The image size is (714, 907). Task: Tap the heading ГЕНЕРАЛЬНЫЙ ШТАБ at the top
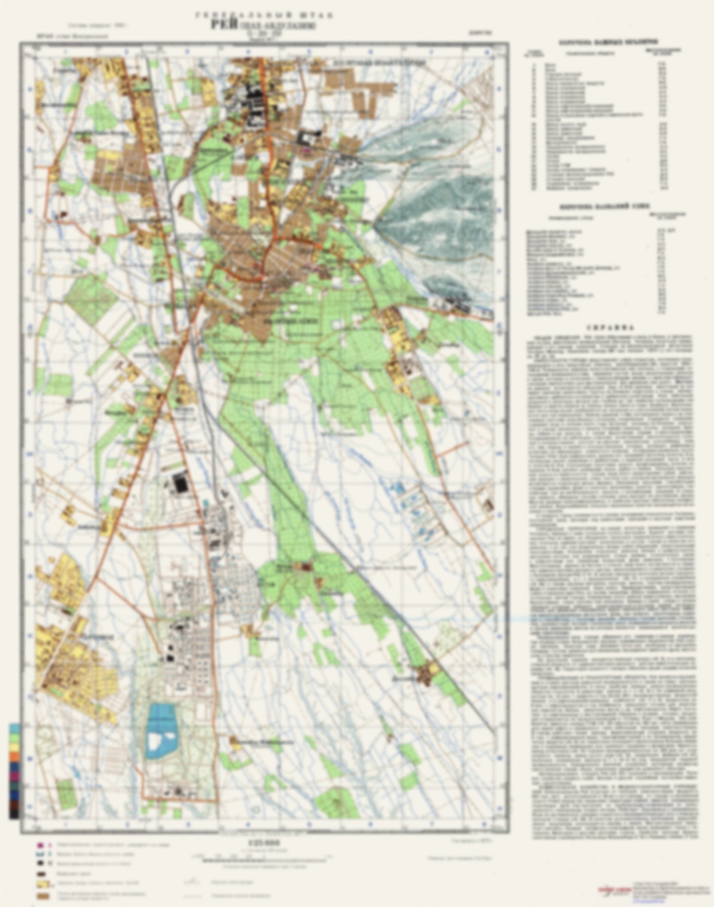point(264,15)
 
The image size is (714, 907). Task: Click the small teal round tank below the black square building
point(205,503)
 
